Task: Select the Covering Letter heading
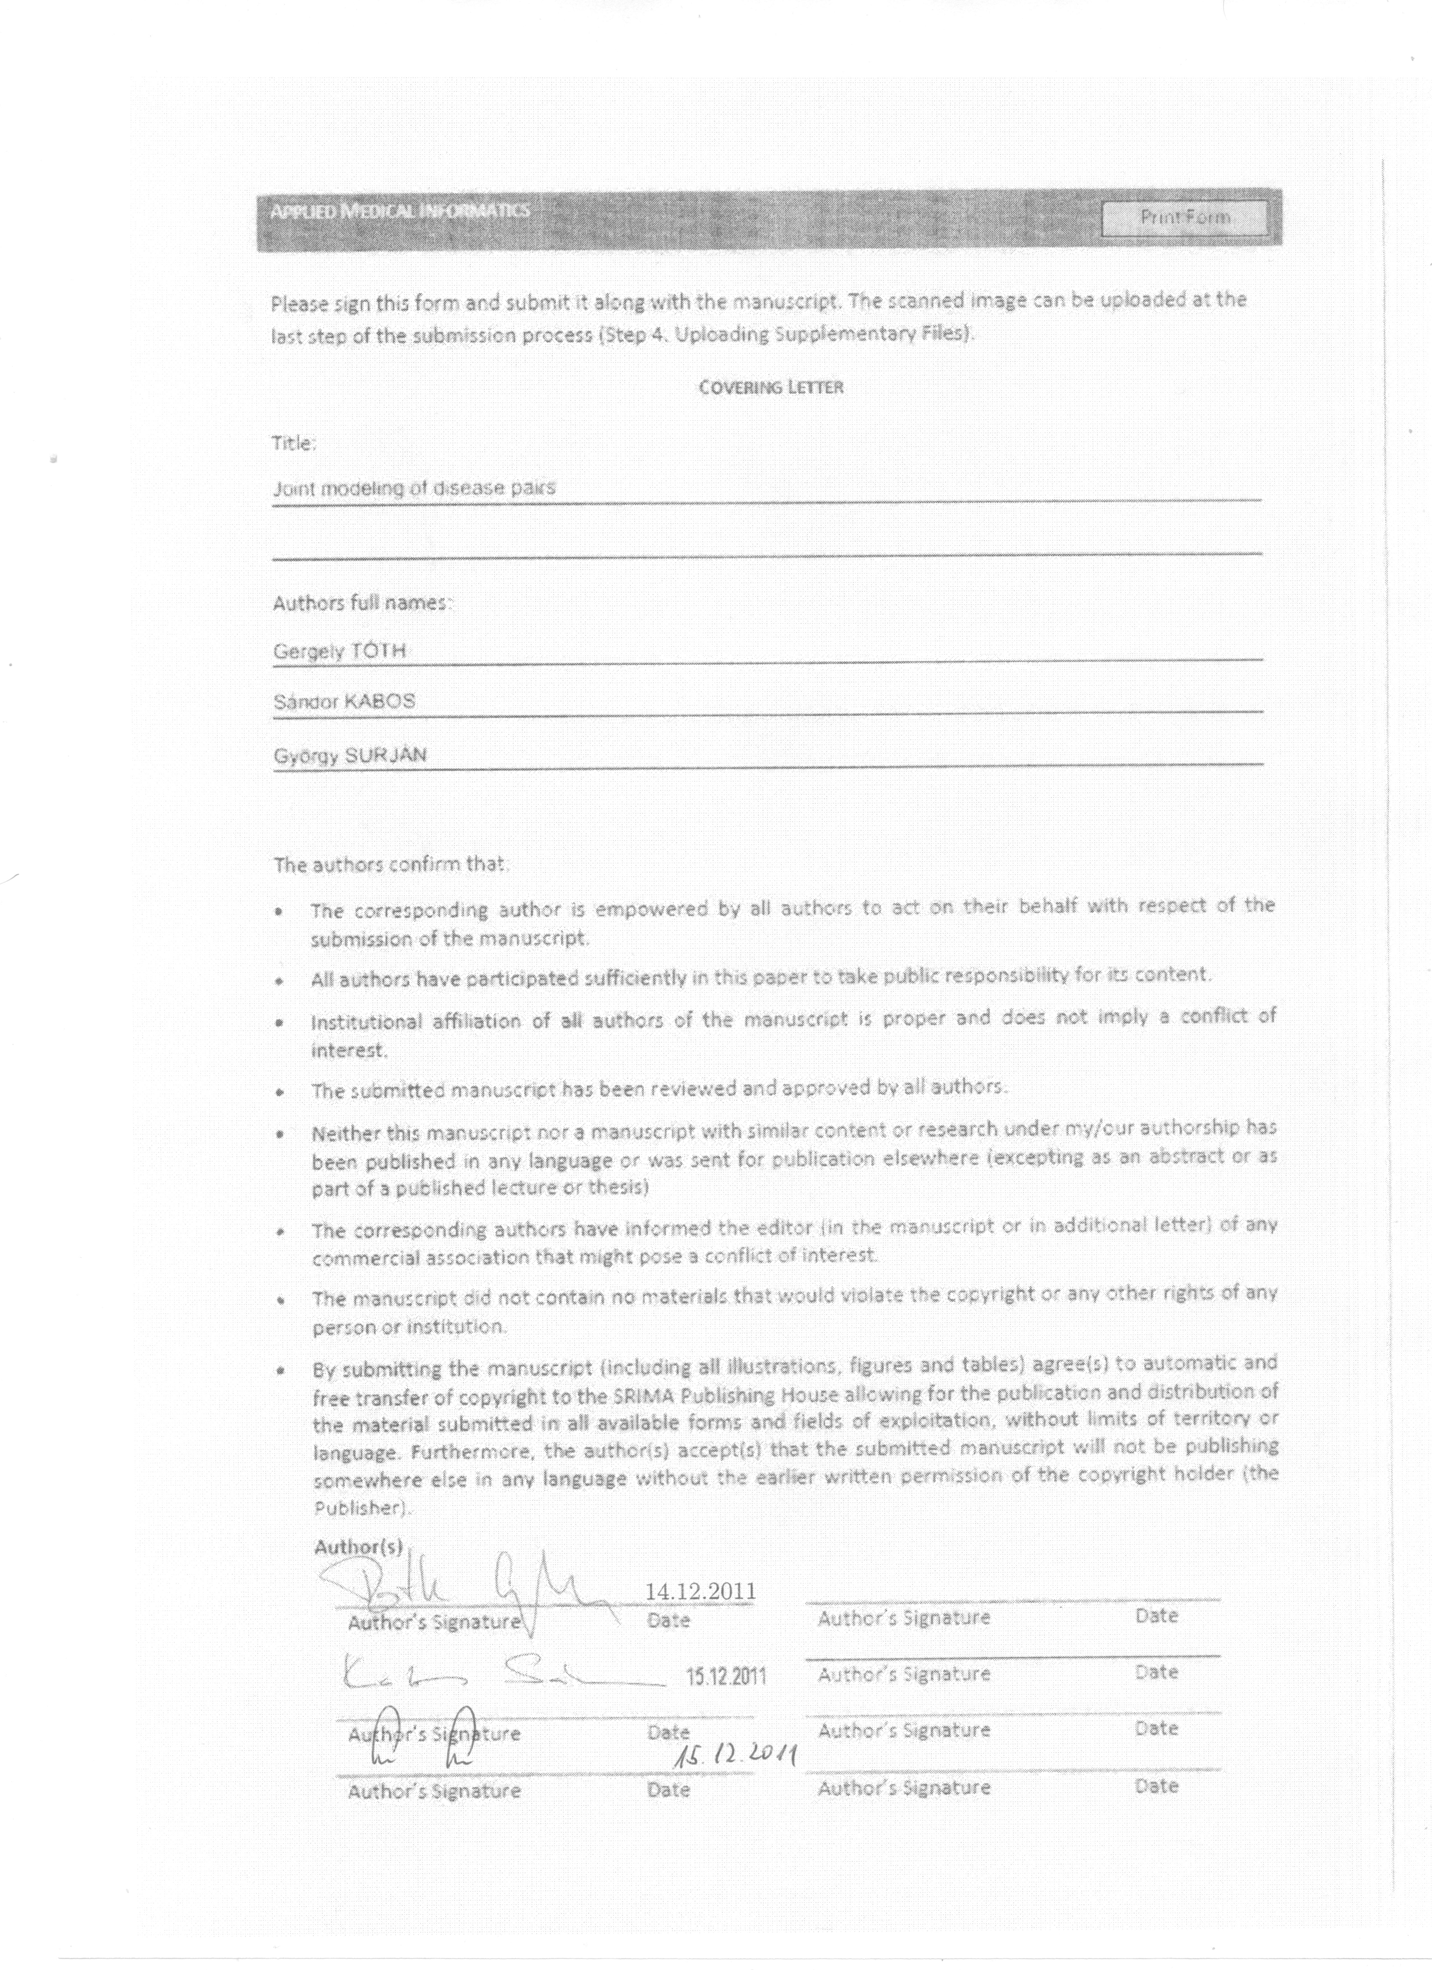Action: pos(771,387)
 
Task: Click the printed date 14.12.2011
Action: pos(700,1590)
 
